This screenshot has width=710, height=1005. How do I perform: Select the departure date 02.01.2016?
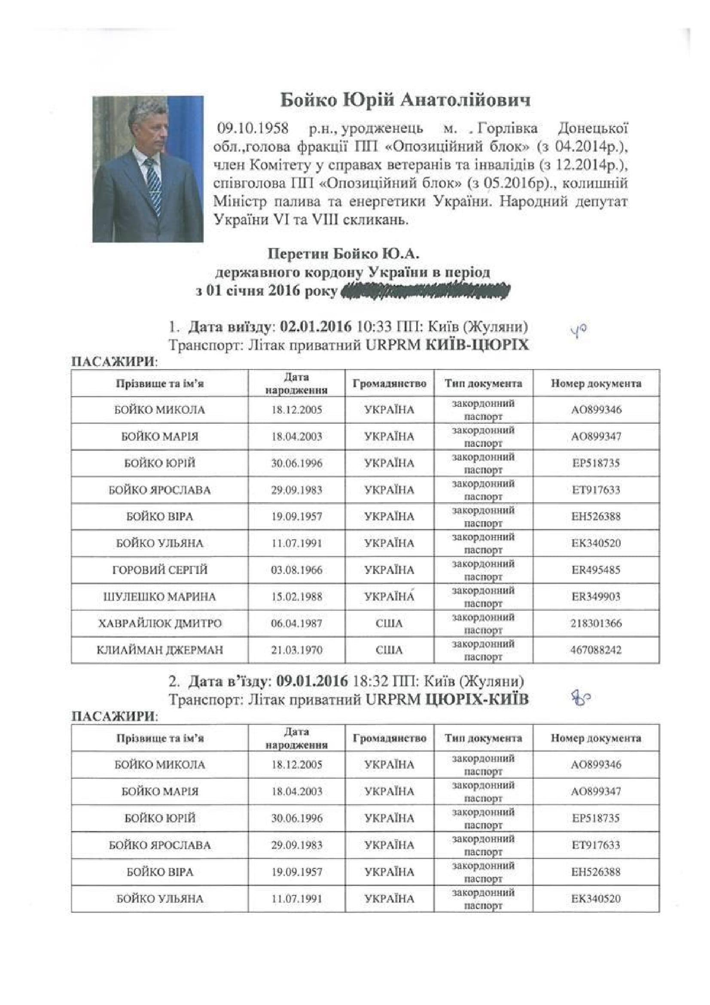click(x=316, y=327)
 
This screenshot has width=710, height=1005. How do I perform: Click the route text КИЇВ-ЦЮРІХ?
click(x=477, y=345)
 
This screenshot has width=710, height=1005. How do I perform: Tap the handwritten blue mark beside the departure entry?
click(x=578, y=330)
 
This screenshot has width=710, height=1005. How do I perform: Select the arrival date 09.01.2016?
click(x=312, y=681)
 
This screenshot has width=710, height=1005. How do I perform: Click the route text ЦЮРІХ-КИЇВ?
click(x=477, y=700)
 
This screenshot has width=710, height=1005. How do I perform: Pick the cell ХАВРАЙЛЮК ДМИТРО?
click(x=160, y=623)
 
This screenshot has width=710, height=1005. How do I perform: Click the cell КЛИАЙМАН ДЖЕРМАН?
click(x=160, y=650)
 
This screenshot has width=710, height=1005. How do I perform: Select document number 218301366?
click(x=596, y=623)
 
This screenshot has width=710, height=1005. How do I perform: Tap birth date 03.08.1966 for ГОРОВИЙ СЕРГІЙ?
click(x=296, y=570)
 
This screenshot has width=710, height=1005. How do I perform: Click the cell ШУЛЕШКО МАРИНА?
click(x=160, y=597)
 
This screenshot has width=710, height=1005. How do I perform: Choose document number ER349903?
click(x=596, y=597)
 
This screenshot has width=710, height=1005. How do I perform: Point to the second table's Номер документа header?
click(x=596, y=739)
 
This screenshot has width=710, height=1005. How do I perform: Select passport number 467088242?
click(x=596, y=650)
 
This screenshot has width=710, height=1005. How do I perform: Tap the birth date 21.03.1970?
click(x=296, y=650)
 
